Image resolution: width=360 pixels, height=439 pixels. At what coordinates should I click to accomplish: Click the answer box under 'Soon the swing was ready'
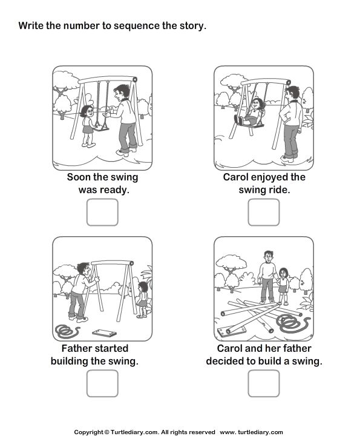102,212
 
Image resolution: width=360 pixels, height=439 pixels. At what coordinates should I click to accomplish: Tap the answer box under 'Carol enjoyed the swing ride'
264,212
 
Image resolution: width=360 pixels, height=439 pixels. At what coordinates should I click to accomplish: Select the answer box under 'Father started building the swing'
102,383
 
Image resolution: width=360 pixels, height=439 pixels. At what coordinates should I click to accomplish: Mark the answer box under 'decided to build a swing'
264,383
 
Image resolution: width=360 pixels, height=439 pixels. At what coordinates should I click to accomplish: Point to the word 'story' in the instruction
192,25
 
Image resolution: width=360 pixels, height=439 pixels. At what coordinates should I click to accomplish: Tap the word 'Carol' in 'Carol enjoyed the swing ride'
237,177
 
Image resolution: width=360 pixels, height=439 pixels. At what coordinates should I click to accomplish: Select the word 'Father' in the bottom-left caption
78,349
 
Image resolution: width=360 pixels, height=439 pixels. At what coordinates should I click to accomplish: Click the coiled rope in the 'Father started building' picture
66,331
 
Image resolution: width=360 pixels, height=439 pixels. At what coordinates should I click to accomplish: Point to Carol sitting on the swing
254,112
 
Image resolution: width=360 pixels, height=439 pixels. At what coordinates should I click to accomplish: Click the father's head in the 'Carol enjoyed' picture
293,92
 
